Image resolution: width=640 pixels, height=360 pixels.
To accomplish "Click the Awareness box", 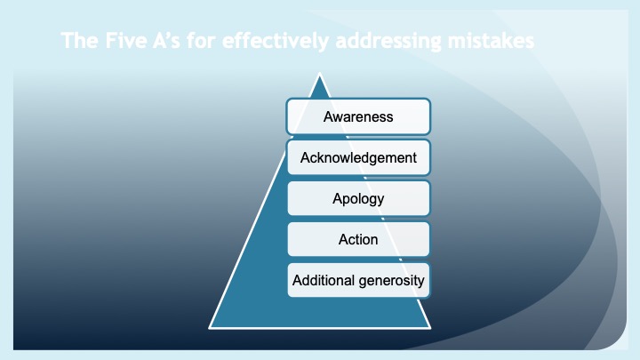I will tap(358, 116).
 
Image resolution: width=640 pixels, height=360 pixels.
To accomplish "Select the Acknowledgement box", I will tap(358, 157).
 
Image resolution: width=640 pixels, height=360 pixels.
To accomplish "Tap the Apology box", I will tap(358, 198).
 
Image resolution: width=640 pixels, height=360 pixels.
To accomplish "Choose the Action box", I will tap(358, 239).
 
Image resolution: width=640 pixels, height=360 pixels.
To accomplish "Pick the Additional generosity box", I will tap(358, 281).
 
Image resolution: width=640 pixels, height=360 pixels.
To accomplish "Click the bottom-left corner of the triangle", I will tap(210, 327).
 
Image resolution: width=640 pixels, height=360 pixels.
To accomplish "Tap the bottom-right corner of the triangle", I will tap(431, 327).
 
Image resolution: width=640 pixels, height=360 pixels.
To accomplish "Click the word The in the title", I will tap(76, 41).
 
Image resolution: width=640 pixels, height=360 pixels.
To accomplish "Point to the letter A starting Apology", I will tap(336, 197).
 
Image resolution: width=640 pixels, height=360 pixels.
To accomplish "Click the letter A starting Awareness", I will tap(328, 116).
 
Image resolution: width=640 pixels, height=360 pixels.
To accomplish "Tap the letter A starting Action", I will tap(343, 239).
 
